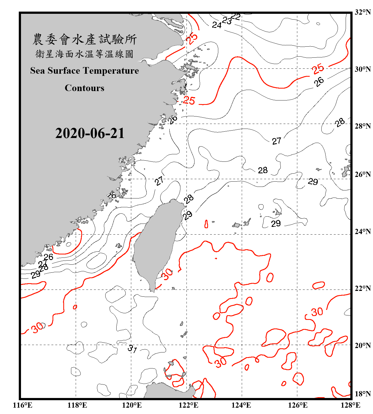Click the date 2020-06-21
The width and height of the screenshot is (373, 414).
click(90, 133)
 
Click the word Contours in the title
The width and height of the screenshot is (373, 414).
click(84, 88)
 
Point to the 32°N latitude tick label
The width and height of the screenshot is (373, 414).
click(363, 12)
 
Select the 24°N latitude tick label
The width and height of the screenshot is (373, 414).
click(363, 231)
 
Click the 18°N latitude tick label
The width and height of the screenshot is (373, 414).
click(363, 394)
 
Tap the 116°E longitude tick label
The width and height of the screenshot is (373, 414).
click(23, 405)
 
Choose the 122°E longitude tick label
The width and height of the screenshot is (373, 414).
click(188, 405)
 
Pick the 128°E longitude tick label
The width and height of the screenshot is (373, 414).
click(350, 405)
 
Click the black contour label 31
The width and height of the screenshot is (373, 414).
click(132, 349)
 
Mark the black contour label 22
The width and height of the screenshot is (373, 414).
click(235, 17)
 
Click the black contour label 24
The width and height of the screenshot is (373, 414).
click(217, 25)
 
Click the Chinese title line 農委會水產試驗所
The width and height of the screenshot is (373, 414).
click(84, 39)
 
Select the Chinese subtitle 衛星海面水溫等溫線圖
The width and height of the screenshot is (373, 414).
click(84, 54)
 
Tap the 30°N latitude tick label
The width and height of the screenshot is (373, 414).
click(363, 69)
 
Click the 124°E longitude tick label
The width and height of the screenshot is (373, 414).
click(241, 405)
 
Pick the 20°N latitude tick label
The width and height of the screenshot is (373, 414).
click(363, 345)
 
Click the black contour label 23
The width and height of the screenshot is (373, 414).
click(227, 21)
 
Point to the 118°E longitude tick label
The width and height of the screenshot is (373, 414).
click(77, 405)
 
